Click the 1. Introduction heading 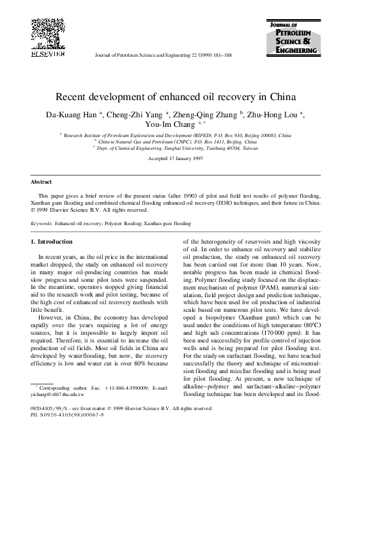point(52,242)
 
